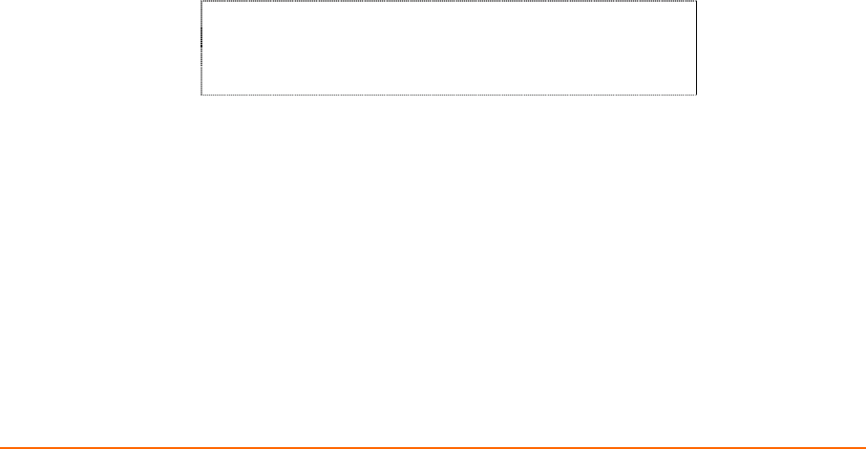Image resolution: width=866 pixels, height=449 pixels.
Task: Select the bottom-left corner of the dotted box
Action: (x=201, y=95)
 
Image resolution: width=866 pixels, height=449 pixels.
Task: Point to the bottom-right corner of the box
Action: (x=696, y=95)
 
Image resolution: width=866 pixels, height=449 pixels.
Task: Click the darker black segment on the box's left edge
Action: (x=201, y=38)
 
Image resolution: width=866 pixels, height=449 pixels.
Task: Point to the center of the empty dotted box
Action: (x=449, y=49)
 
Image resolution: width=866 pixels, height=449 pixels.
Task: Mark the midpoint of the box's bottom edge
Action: (x=449, y=95)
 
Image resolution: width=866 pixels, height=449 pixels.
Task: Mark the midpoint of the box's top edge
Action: (x=449, y=2)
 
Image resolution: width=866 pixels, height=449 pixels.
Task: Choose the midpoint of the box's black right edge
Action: (x=696, y=49)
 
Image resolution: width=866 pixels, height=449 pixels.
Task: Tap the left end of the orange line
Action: (x=1, y=446)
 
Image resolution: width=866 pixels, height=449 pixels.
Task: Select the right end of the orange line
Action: (x=864, y=446)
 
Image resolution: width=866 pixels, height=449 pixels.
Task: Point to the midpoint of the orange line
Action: (x=433, y=446)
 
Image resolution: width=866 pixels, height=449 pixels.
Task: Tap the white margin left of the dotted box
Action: (x=95, y=48)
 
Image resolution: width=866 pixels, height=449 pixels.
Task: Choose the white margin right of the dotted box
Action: (x=783, y=48)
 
